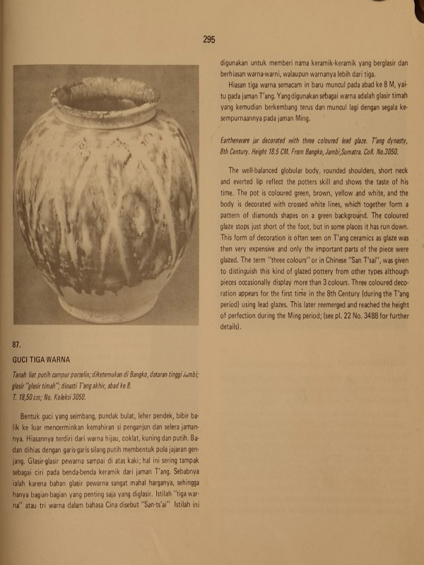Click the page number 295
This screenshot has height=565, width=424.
(x=208, y=40)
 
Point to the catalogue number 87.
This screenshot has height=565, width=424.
(x=19, y=345)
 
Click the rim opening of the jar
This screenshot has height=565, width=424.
(x=105, y=96)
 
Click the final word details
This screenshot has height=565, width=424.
(x=230, y=327)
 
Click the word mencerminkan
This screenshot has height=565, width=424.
(x=66, y=420)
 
